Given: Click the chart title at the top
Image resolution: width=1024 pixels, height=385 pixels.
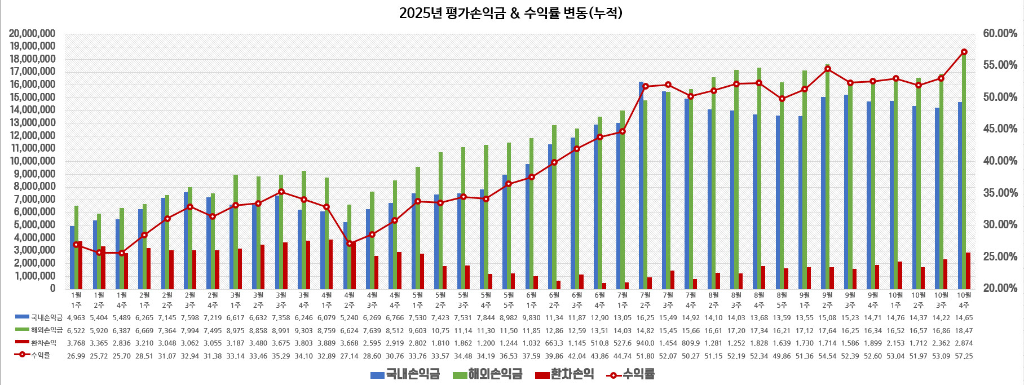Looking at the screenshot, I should pyautogui.click(x=510, y=13).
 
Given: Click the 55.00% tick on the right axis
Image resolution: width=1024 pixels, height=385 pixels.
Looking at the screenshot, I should pyautogui.click(x=1000, y=65).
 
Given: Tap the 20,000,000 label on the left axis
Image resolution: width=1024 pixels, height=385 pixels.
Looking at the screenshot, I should pyautogui.click(x=32, y=34).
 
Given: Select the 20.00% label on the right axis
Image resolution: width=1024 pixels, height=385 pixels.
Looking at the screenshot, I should pyautogui.click(x=1000, y=288).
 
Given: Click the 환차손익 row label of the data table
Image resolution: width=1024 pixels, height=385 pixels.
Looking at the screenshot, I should pyautogui.click(x=43, y=343).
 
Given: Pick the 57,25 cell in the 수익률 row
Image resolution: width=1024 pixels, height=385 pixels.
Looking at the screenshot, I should pyautogui.click(x=964, y=356).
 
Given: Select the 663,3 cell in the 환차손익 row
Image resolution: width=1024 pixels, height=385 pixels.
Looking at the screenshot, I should pyautogui.click(x=554, y=343).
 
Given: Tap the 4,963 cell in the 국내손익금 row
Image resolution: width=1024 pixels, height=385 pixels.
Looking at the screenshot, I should pyautogui.click(x=76, y=318).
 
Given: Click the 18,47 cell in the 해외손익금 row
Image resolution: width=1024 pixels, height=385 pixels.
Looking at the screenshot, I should pyautogui.click(x=964, y=330).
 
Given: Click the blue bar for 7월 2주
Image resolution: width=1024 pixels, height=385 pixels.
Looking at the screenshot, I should pyautogui.click(x=641, y=186).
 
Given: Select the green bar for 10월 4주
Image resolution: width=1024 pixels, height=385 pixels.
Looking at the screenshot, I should pyautogui.click(x=964, y=169).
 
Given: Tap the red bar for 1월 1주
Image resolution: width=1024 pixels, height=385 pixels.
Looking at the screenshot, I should pyautogui.click(x=80, y=265).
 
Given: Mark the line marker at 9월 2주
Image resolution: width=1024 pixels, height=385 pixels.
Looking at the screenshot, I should pyautogui.click(x=827, y=69).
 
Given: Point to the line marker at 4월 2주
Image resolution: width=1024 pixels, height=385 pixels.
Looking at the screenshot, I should pyautogui.click(x=350, y=244).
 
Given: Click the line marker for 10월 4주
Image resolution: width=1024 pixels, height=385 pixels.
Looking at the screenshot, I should pyautogui.click(x=964, y=52).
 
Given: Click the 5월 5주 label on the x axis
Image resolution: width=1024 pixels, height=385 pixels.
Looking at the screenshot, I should pyautogui.click(x=509, y=299).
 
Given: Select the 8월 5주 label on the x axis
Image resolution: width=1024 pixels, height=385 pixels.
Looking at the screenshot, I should pyautogui.click(x=782, y=299).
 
